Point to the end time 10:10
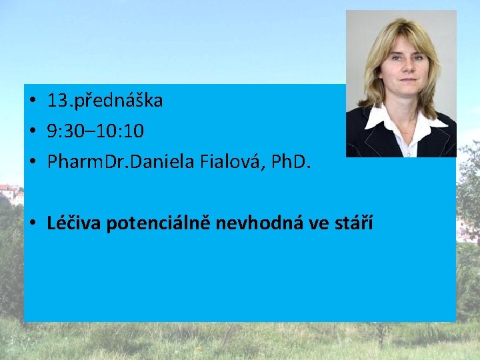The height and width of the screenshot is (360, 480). pyautogui.click(x=121, y=131)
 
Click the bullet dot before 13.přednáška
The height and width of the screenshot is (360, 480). pyautogui.click(x=31, y=102)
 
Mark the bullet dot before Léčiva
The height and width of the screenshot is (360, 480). pyautogui.click(x=31, y=223)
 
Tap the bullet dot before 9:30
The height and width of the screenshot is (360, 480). pyautogui.click(x=31, y=132)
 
